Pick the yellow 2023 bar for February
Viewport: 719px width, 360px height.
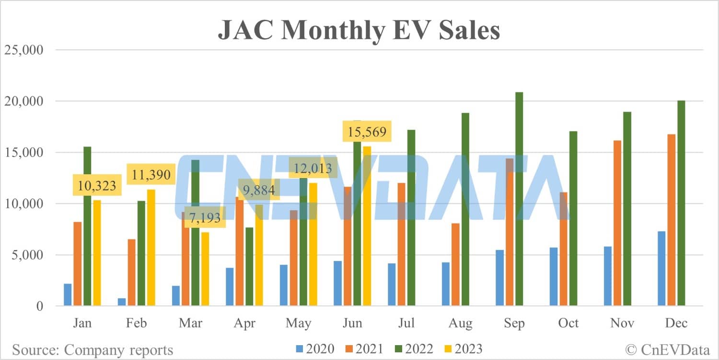(151, 247)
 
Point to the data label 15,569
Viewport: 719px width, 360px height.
(367, 132)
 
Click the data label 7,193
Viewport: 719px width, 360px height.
(205, 218)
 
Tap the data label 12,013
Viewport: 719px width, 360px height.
(313, 169)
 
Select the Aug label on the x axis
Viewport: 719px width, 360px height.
(460, 323)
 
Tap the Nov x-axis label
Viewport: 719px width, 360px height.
(622, 323)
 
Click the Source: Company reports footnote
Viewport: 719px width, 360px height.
(93, 349)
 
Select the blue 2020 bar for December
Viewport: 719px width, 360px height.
(661, 269)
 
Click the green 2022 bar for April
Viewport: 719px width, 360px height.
(249, 267)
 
